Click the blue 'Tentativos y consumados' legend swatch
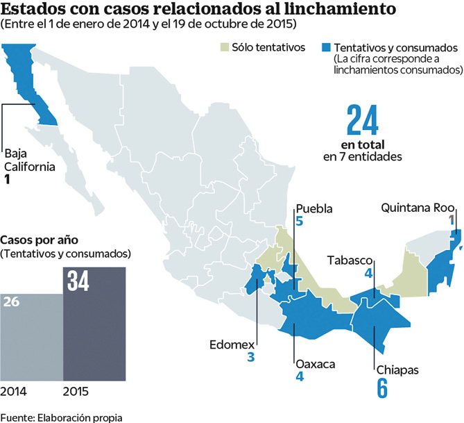click(x=325, y=47)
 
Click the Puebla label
click(x=313, y=208)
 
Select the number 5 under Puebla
click(x=299, y=222)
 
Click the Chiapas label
click(x=397, y=370)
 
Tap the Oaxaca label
click(x=316, y=363)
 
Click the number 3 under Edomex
click(x=250, y=358)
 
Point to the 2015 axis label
click(x=76, y=392)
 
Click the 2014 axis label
click(x=13, y=392)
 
